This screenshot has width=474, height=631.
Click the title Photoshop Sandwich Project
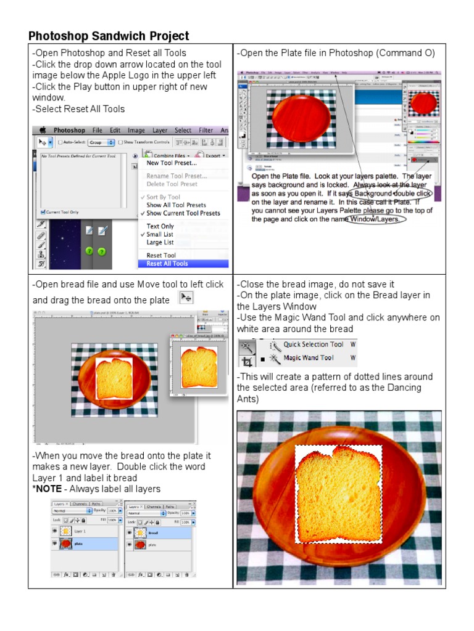pos(109,36)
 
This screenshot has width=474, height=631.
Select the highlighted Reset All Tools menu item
pos(167,264)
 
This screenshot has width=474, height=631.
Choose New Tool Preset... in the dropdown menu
pos(172,163)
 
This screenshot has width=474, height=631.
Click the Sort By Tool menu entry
pos(164,197)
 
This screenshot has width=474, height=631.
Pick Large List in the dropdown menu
pos(160,243)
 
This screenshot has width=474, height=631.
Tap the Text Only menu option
pos(160,227)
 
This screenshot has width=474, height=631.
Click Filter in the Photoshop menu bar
pos(206,131)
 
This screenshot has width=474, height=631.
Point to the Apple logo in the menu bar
pos(43,131)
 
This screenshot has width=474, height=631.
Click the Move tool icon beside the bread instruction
pos(186,298)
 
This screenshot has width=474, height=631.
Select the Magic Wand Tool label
pos(308,358)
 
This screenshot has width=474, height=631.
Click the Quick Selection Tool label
pos(313,344)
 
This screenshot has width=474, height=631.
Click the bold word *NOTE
pos(48,489)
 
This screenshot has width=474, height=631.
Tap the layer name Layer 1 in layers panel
pos(80,531)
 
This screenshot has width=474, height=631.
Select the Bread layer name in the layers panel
pos(152,532)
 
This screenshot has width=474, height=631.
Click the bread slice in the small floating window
pos(198,367)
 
